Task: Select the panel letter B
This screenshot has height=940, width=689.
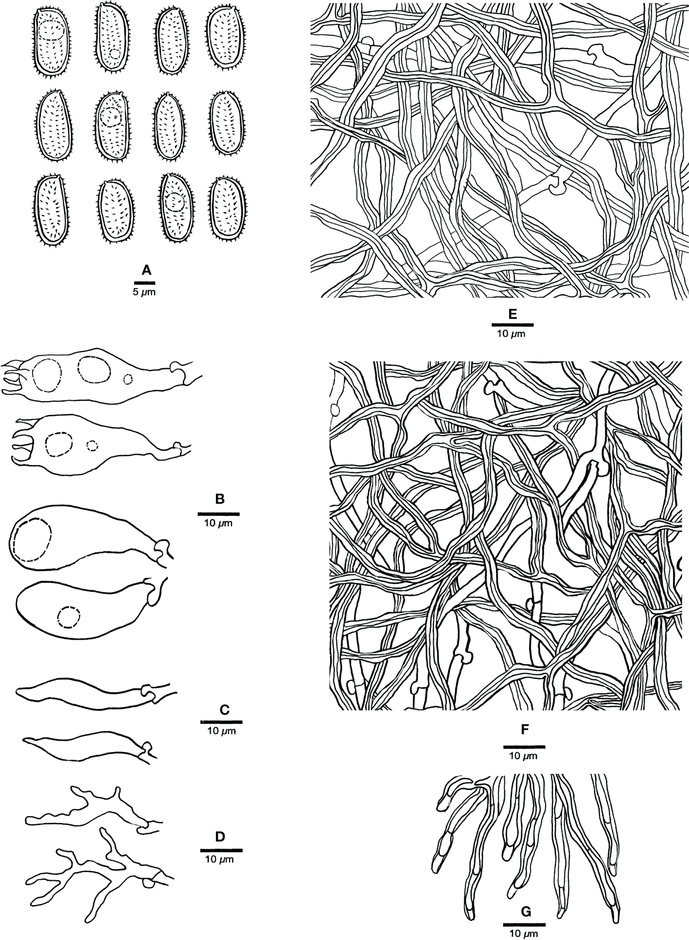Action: point(219,499)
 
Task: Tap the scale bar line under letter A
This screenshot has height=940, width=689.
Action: point(145,282)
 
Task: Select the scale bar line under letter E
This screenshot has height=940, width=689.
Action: point(512,324)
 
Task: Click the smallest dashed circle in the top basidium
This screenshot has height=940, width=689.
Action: point(128,379)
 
